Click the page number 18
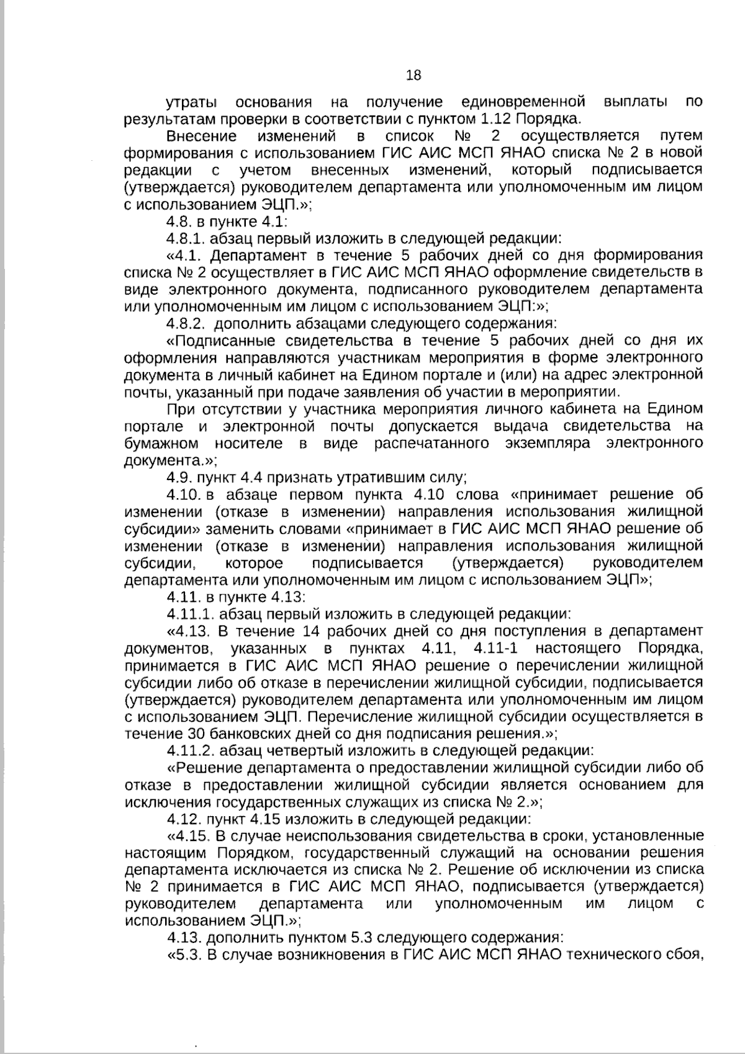(413, 76)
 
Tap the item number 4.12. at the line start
(183, 818)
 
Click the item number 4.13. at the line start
(183, 937)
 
